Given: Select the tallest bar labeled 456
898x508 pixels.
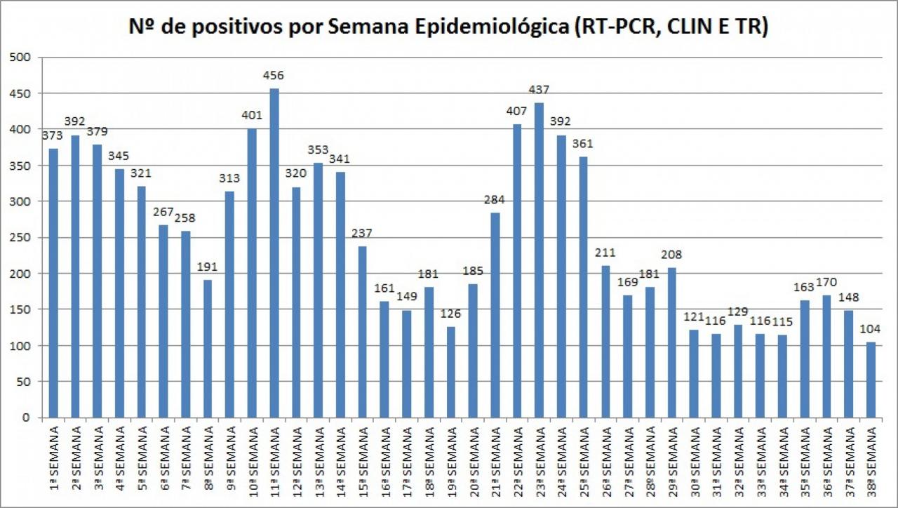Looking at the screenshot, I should (274, 253).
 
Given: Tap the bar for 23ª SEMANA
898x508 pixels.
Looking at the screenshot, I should (539, 260).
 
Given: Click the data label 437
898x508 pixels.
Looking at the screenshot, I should (539, 90).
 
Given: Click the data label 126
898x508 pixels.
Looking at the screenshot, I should (450, 314).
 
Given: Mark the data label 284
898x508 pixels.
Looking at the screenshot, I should (495, 200).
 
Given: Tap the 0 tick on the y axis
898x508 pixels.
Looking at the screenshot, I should (25, 417).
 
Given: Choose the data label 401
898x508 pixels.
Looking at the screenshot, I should (252, 115).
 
